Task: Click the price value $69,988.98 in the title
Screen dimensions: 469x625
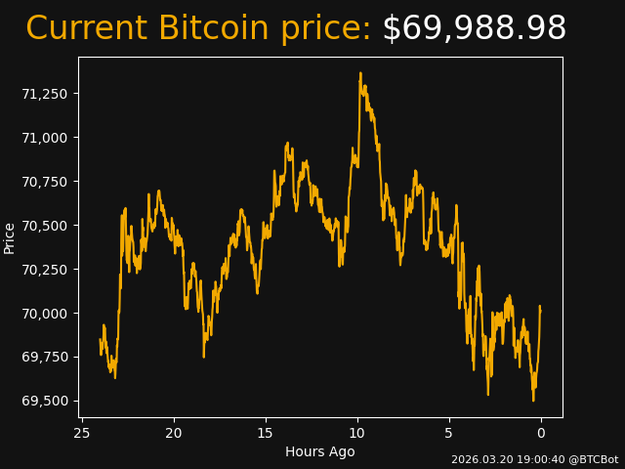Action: (x=474, y=29)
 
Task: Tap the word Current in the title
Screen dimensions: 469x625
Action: (x=87, y=29)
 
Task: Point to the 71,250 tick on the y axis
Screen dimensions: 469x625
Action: (x=46, y=94)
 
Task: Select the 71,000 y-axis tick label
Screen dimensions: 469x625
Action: (x=46, y=138)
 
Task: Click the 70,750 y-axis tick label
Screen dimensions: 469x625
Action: (x=46, y=182)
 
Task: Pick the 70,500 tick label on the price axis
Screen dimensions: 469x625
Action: (x=46, y=226)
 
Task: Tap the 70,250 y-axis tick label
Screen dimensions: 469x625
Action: (x=46, y=270)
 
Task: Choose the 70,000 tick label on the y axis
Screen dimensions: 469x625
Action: (x=46, y=314)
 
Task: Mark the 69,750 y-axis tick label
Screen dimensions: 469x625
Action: (x=46, y=358)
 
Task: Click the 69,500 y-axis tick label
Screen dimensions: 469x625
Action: (x=46, y=402)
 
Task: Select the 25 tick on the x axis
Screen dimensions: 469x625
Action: (x=82, y=433)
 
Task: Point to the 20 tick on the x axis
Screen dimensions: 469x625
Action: (x=174, y=433)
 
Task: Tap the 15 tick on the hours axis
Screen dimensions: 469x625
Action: (x=266, y=433)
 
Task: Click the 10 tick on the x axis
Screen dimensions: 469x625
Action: (x=357, y=433)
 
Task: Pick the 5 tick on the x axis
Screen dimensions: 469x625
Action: (x=449, y=433)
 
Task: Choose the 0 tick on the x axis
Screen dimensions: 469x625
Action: (x=541, y=433)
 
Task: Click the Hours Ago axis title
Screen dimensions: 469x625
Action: (x=320, y=451)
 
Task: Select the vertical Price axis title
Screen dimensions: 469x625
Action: (x=10, y=237)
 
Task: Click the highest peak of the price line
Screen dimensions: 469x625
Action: (x=360, y=73)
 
